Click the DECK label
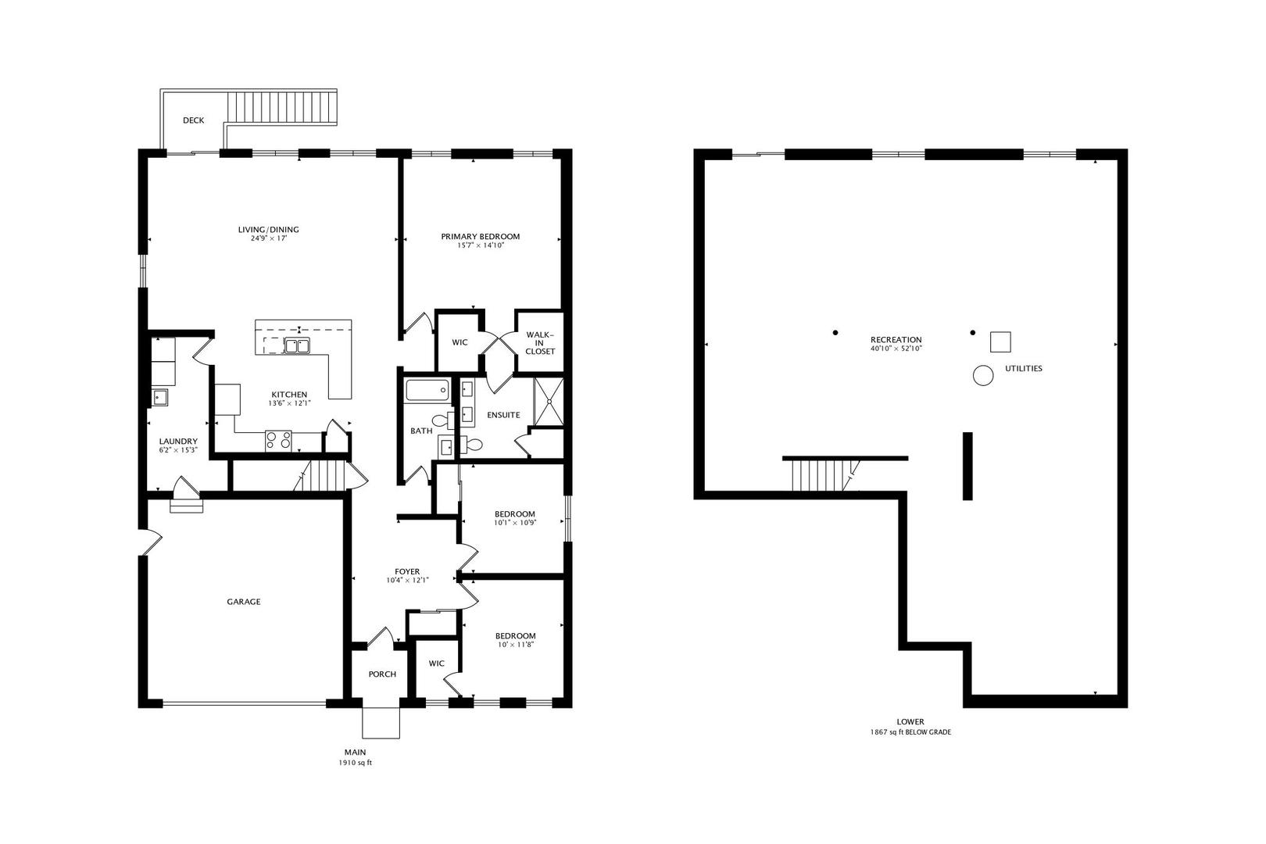point(193,120)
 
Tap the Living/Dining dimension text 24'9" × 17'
point(269,238)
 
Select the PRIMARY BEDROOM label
point(481,236)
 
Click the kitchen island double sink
point(297,345)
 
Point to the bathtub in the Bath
point(427,390)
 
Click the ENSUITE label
point(503,415)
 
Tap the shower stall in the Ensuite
point(549,402)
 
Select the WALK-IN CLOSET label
point(540,342)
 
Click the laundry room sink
point(159,398)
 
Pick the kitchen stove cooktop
point(279,441)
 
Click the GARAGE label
point(244,602)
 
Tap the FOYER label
point(407,571)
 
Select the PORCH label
point(382,674)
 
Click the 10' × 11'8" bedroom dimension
point(516,645)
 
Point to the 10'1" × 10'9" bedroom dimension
point(515,523)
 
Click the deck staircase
point(282,107)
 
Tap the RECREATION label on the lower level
point(896,340)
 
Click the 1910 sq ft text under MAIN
point(355,763)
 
